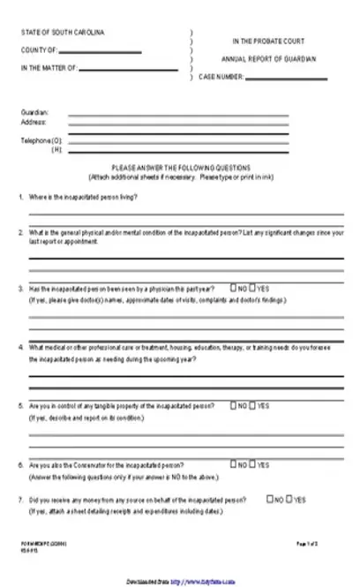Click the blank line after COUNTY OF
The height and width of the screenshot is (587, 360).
point(99,51)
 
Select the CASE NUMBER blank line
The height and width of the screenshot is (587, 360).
point(291,77)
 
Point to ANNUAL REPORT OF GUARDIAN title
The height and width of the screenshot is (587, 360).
point(268,59)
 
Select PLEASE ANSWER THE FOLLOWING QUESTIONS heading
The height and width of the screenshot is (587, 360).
point(181,168)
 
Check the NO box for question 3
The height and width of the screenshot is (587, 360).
point(233,288)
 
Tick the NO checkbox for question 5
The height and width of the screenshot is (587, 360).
point(233,405)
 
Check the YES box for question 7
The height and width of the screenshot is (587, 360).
point(289,499)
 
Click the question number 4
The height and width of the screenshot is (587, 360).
point(21,347)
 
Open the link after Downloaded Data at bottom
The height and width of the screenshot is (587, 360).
point(204,582)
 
